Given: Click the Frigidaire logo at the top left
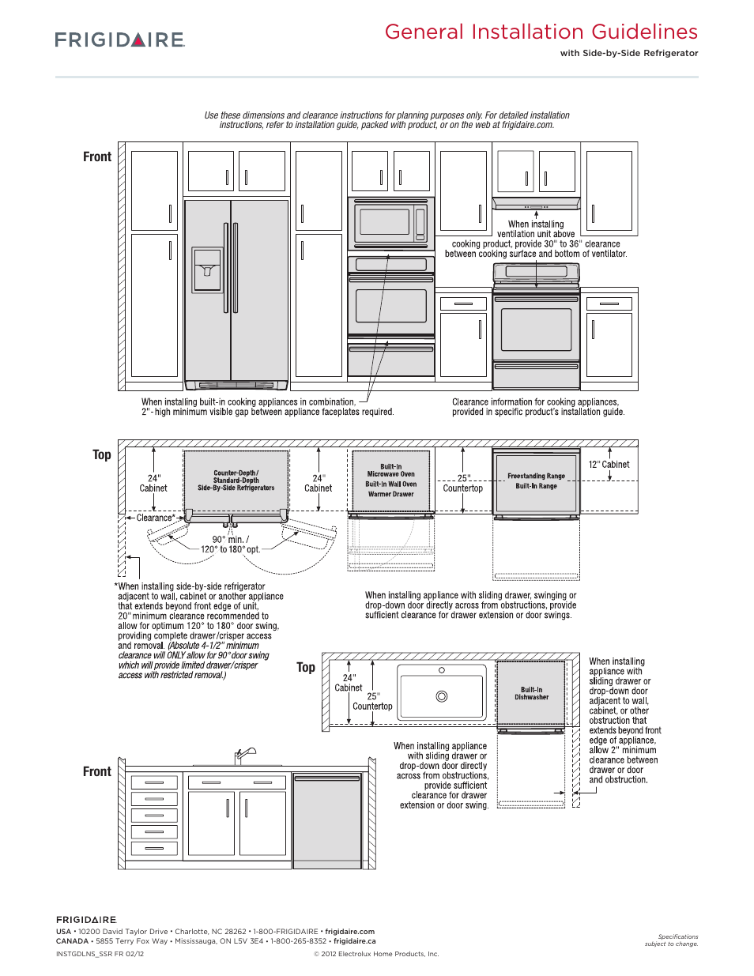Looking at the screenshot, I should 119,40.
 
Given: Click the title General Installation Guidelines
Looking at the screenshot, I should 541,32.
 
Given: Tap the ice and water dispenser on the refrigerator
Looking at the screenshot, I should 208,269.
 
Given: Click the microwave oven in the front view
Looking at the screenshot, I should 391,222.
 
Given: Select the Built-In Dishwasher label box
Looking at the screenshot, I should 531,693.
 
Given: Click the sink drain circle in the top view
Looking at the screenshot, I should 442,696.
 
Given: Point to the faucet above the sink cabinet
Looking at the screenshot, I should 245,756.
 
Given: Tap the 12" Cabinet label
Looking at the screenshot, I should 609,465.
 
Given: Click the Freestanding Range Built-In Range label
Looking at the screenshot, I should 536,481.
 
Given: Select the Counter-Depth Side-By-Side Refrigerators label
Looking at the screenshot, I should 236,480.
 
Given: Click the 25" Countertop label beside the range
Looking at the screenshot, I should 462,484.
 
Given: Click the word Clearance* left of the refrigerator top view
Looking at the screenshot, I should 156,518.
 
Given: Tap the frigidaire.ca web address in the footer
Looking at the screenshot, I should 354,941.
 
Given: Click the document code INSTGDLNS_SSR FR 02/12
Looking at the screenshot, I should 100,954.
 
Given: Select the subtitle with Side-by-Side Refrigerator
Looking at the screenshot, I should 629,53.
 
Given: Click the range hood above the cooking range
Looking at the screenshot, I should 536,202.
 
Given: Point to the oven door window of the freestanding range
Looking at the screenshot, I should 536,329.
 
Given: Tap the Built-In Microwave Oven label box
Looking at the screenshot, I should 390,480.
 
